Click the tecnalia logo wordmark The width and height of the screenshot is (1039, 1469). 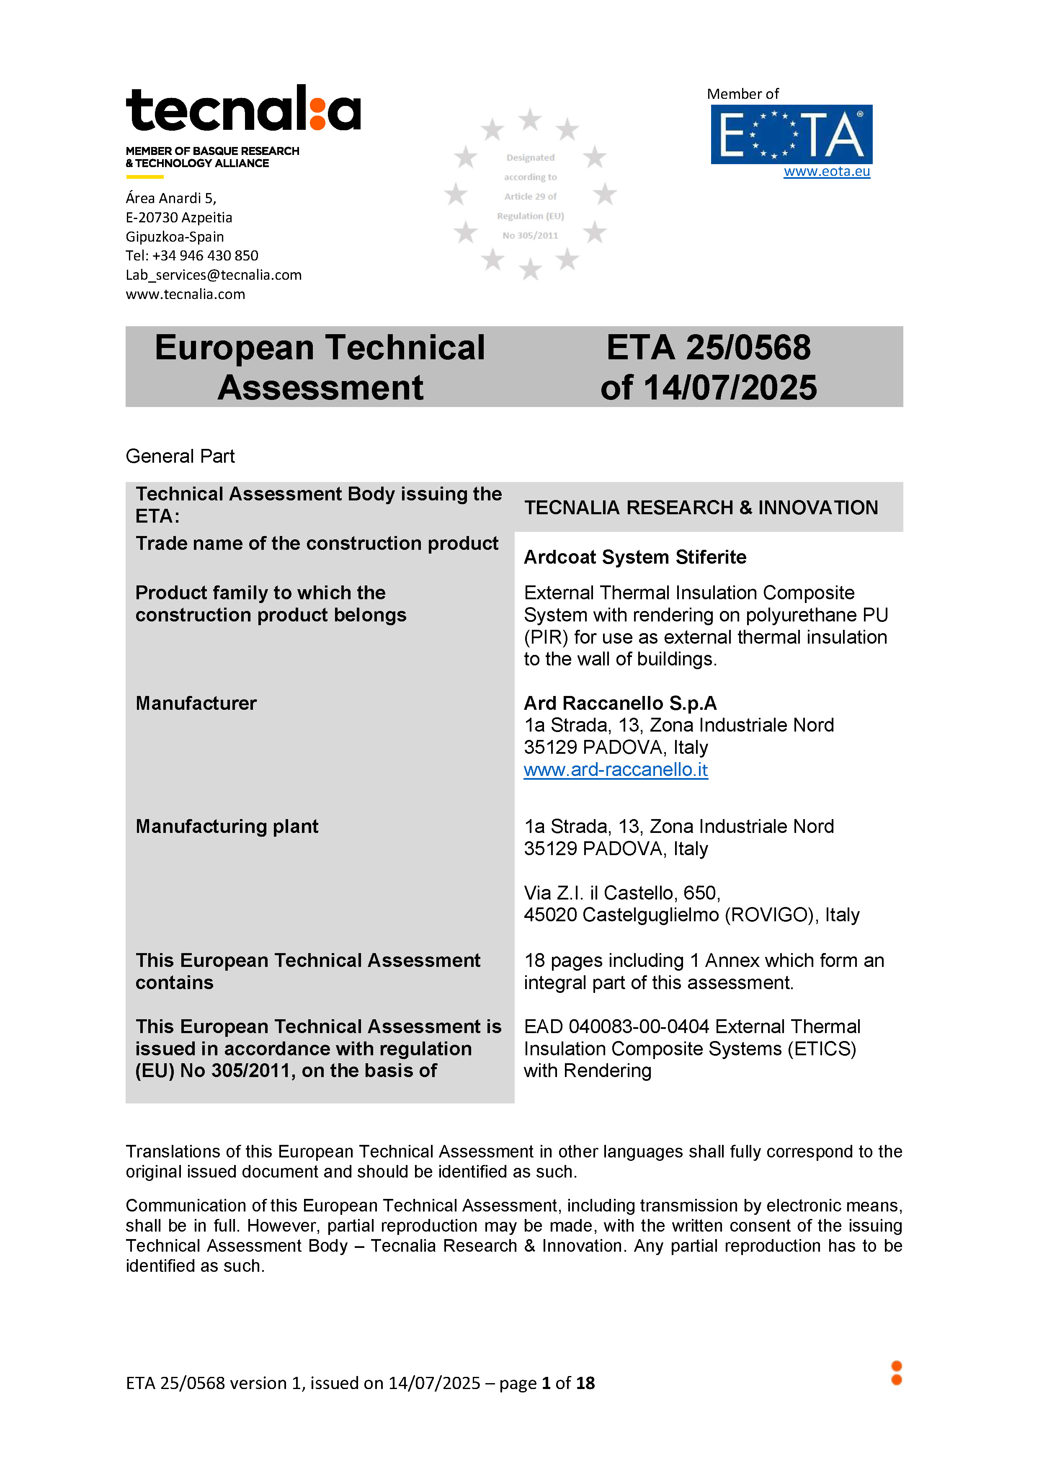[x=243, y=109]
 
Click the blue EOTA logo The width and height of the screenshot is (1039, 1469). [x=791, y=134]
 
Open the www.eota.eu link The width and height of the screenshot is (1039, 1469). [x=827, y=171]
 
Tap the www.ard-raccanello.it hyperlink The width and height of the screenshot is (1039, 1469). [x=616, y=770]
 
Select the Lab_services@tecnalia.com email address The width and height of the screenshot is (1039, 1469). [x=213, y=275]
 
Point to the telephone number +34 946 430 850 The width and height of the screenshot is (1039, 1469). [x=205, y=256]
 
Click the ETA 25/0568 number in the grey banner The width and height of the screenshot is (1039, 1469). [x=708, y=348]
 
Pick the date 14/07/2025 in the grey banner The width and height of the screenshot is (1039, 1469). [x=730, y=388]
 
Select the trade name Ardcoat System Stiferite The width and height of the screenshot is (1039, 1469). [x=634, y=557]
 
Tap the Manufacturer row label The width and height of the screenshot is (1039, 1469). [x=196, y=703]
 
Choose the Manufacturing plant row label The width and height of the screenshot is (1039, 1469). [x=227, y=827]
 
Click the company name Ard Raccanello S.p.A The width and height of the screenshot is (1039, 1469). [x=620, y=703]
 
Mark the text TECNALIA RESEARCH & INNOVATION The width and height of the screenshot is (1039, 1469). [x=701, y=508]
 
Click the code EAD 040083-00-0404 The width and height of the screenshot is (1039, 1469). [x=616, y=1027]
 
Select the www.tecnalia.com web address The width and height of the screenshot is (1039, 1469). [x=185, y=294]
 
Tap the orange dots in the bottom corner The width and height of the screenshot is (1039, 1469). [x=896, y=1373]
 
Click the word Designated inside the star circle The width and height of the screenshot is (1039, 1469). [x=530, y=158]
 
